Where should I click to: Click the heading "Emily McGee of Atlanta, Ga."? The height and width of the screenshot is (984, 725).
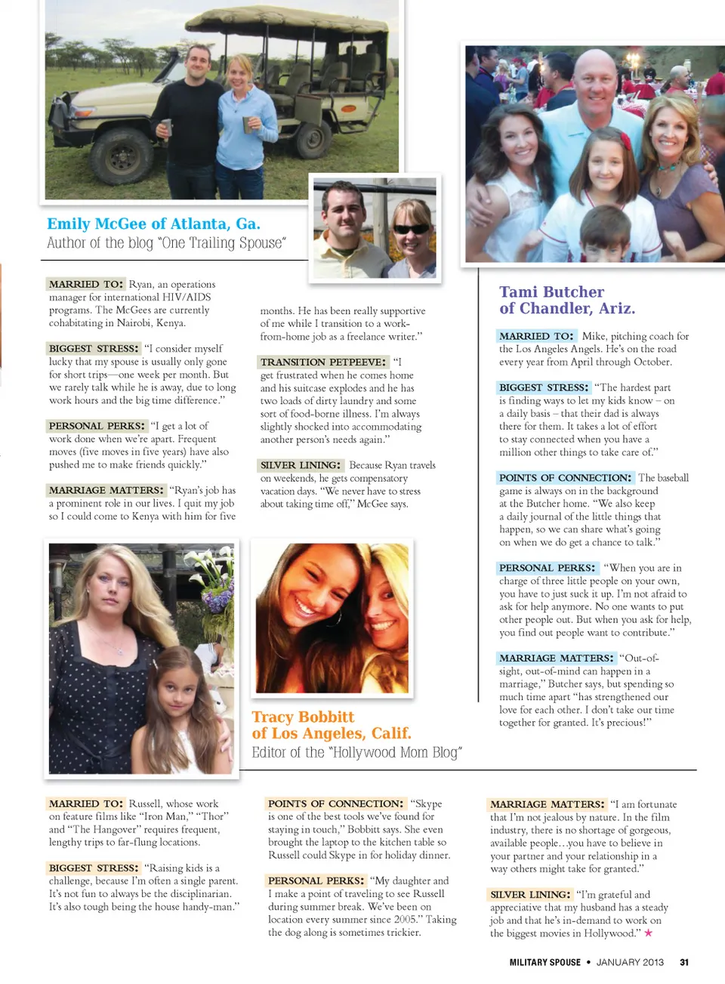153,224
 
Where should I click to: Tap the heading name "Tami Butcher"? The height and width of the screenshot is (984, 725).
551,292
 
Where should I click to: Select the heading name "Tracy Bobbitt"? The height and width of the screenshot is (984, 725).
303,717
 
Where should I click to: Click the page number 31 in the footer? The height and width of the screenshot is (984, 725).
684,962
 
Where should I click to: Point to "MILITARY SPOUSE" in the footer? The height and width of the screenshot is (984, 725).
545,962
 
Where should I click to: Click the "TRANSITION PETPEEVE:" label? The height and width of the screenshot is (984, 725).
323,362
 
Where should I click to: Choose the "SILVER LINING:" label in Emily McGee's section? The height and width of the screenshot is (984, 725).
301,465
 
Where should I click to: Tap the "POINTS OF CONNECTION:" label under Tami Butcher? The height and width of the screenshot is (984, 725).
565,478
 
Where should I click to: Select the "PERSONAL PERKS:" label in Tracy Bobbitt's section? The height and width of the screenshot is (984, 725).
316,881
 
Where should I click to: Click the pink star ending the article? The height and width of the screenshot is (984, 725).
648,933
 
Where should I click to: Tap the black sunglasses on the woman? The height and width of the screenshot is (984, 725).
411,229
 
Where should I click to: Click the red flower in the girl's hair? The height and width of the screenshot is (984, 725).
625,141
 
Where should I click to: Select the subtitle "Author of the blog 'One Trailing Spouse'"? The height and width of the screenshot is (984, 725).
166,243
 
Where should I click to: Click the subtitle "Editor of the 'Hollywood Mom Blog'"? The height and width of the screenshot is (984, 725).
356,752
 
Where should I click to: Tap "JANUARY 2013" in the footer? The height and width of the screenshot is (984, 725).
630,962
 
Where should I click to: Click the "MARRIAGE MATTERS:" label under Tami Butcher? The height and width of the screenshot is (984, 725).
556,659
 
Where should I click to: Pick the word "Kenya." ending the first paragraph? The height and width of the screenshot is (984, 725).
171,323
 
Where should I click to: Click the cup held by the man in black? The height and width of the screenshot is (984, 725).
166,128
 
